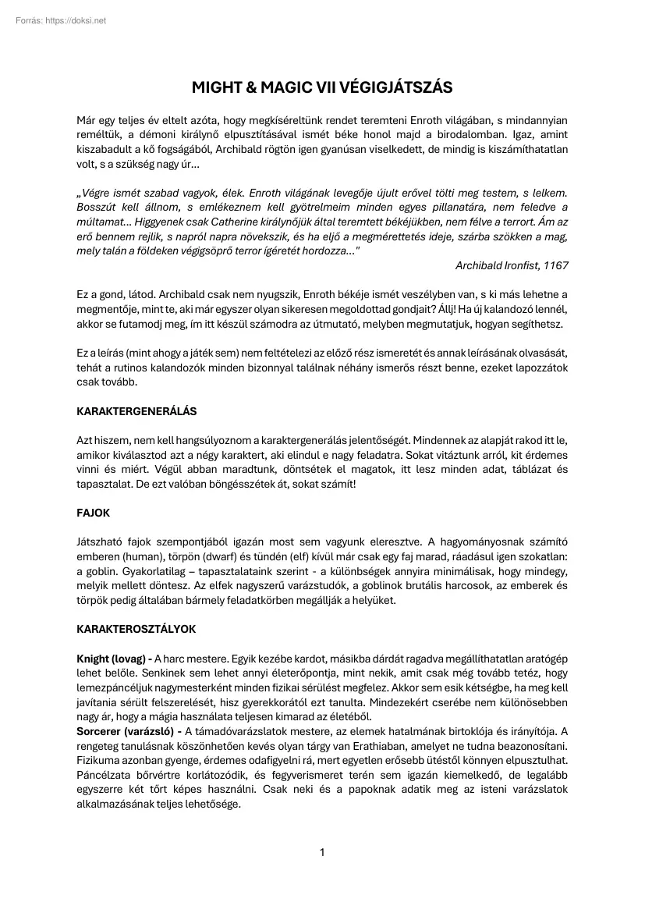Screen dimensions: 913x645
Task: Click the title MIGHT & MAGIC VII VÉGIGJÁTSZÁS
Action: (x=322, y=87)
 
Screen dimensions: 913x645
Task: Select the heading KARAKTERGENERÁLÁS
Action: (x=136, y=410)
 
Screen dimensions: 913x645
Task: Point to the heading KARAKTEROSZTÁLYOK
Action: (x=136, y=627)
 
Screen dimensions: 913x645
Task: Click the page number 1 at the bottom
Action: (x=322, y=852)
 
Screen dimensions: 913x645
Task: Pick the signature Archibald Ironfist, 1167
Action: (x=512, y=265)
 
